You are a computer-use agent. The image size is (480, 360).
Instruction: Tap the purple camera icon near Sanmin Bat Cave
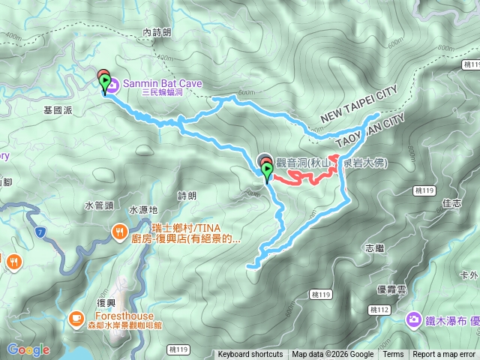pos(112,87)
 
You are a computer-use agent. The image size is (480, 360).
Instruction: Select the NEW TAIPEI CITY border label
pos(358,107)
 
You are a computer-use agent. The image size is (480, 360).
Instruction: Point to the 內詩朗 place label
pos(157,33)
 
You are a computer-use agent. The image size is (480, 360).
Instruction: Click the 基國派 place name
pos(58,109)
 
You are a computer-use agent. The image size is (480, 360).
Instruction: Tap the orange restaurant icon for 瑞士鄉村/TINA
pos(119,232)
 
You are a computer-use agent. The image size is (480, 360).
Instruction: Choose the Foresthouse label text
pos(115,316)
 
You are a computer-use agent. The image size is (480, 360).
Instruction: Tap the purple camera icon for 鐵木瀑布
pos(413,320)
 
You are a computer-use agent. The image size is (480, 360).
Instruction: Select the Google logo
pos(28,349)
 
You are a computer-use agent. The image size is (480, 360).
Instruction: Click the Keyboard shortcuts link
pos(250,355)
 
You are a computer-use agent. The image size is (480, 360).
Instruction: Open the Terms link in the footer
pos(393,355)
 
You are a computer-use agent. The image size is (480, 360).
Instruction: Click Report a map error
pos(445,355)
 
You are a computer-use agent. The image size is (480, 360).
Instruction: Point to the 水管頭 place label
pos(98,205)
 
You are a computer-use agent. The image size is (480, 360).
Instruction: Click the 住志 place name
pos(451,203)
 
